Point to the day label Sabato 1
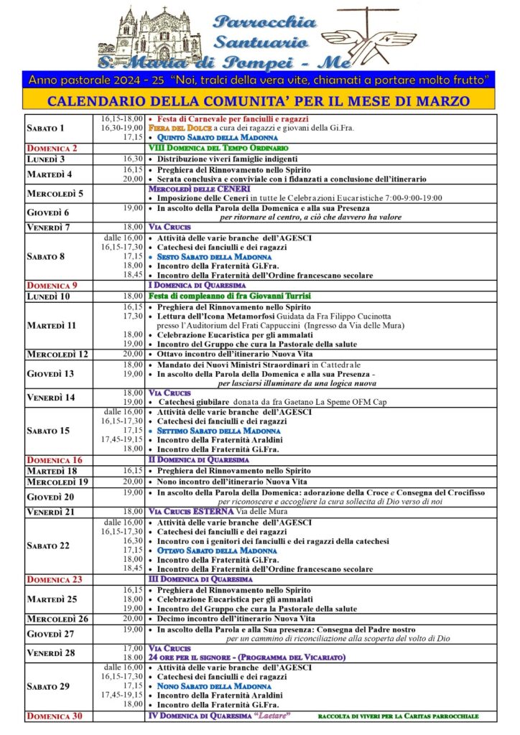(x=45, y=128)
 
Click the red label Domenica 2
(x=52, y=148)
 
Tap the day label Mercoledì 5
(x=55, y=193)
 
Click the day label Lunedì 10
(x=48, y=296)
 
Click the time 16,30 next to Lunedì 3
(x=134, y=159)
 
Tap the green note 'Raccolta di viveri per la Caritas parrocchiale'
(x=398, y=716)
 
